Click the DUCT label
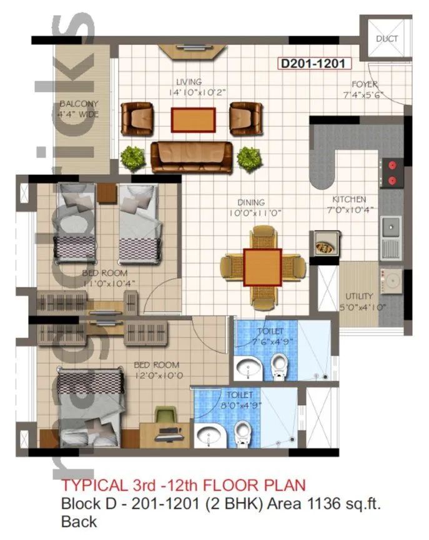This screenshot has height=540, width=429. click(387, 39)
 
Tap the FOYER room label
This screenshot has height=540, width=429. click(364, 84)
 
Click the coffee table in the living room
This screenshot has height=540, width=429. click(194, 120)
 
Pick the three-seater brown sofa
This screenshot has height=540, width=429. click(192, 156)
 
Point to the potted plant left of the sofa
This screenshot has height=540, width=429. click(132, 157)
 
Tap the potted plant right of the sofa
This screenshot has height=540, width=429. click(249, 159)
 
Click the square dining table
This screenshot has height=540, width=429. click(263, 266)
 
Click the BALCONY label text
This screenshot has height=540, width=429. click(79, 104)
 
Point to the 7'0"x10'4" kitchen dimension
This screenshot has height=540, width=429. click(348, 209)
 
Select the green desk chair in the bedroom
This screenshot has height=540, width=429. click(165, 415)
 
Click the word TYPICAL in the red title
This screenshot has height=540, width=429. click(91, 486)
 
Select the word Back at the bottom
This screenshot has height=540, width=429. click(79, 521)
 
